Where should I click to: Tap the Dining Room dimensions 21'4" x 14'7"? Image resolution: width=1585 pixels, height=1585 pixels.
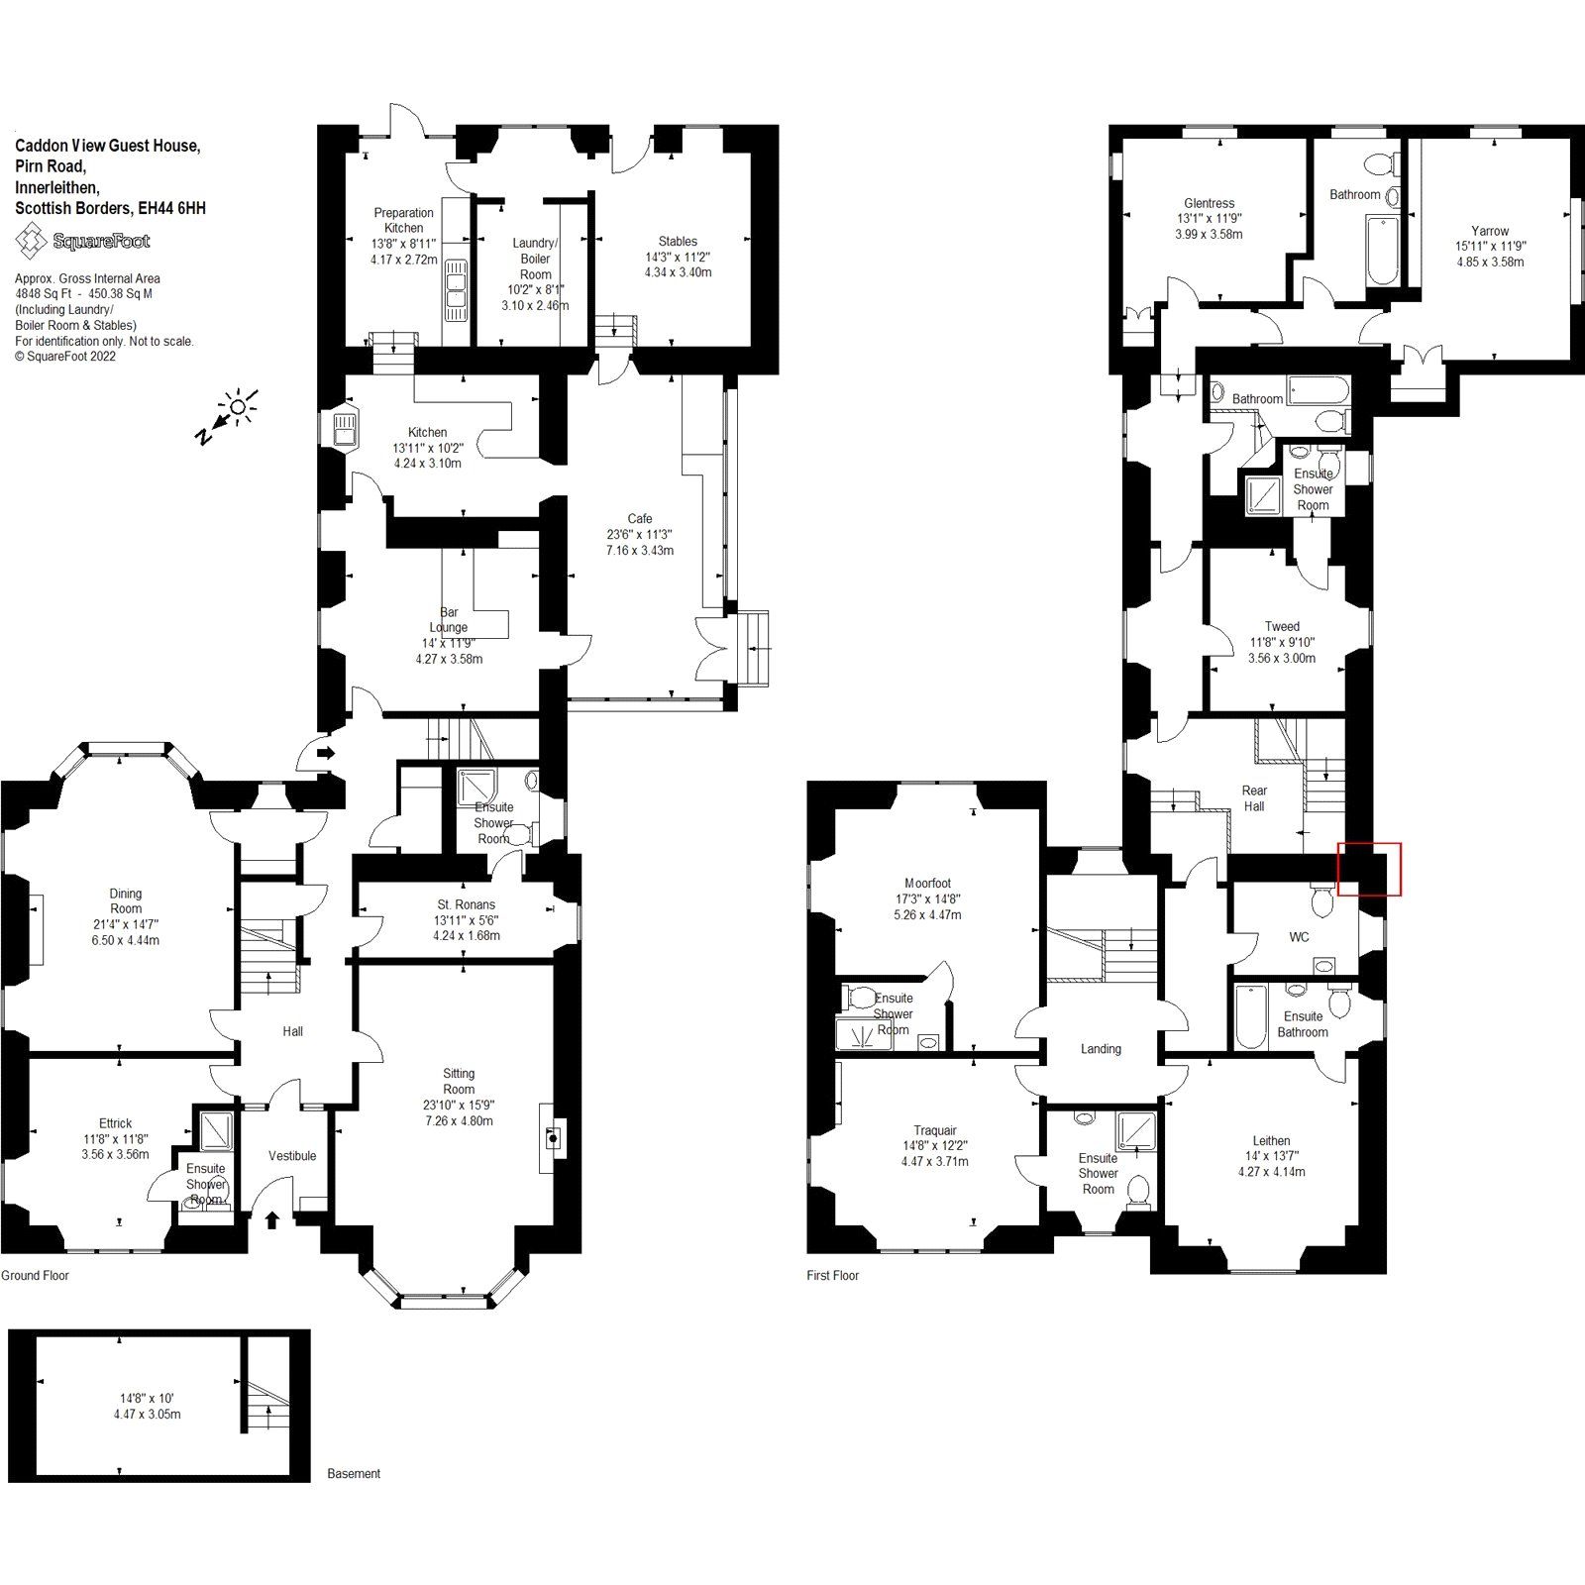(126, 924)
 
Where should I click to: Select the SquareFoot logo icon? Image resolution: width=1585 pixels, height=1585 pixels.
(35, 241)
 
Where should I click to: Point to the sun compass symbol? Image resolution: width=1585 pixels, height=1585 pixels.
(238, 407)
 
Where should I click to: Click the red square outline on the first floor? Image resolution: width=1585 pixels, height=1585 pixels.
(1369, 869)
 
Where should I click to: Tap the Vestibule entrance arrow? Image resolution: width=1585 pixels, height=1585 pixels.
(272, 1219)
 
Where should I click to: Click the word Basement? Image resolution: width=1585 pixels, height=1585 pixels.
(354, 1473)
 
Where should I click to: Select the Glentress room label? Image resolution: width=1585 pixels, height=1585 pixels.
(1209, 203)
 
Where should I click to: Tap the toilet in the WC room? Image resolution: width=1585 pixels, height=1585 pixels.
(1322, 900)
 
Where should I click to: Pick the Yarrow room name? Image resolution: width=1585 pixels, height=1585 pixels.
(1489, 231)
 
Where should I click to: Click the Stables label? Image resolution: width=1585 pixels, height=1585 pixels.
(678, 241)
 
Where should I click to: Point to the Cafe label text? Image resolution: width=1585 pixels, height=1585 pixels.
(640, 518)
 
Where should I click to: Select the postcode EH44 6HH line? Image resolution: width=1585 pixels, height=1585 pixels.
(110, 208)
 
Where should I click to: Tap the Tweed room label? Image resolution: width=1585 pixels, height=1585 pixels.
(1282, 626)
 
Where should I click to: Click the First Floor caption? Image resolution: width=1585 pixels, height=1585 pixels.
(832, 1275)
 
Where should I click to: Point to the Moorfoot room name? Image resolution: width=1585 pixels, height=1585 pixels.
(927, 883)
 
